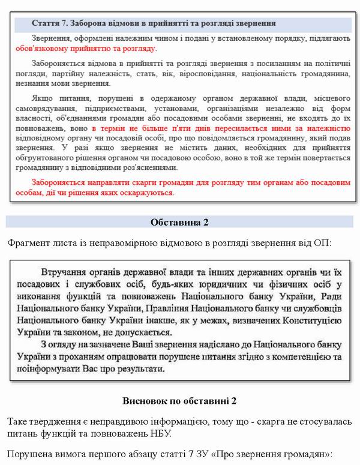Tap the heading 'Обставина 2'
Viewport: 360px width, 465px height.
179,223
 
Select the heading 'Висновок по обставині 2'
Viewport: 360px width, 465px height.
179,400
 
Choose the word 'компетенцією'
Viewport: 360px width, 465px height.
311,356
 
